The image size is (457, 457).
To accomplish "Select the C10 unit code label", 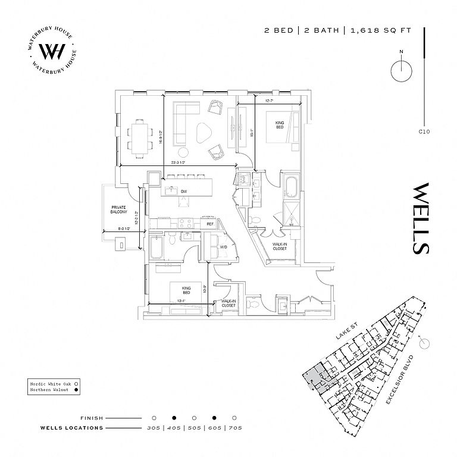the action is (x=424, y=132).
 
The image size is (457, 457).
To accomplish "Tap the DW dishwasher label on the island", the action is (x=184, y=191).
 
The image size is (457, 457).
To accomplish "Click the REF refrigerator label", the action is (x=209, y=224).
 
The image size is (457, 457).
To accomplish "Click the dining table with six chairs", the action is (x=139, y=137).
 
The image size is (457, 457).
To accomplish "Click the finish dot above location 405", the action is (x=174, y=418).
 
